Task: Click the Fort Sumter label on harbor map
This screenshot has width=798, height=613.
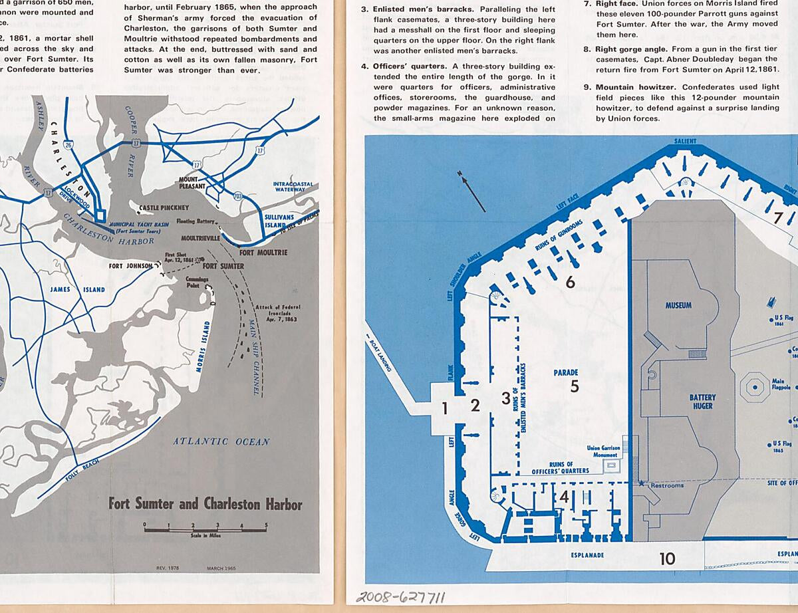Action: point(223,266)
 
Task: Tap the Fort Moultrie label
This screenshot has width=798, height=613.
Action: point(263,253)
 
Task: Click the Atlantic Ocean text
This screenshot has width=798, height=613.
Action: point(221,441)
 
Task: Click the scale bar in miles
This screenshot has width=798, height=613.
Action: point(205,529)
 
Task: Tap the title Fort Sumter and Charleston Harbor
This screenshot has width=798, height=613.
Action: point(205,503)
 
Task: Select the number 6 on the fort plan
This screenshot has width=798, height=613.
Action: point(570,282)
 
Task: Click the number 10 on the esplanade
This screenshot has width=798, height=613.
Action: point(667,559)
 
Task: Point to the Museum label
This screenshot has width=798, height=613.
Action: point(678,306)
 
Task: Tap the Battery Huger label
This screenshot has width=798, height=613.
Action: point(702,402)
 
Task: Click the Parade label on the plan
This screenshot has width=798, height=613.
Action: point(566,373)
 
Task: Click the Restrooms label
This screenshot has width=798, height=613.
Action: point(666,485)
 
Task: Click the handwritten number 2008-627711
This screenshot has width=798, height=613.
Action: point(400,596)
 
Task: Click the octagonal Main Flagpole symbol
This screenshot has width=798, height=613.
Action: point(754,385)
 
